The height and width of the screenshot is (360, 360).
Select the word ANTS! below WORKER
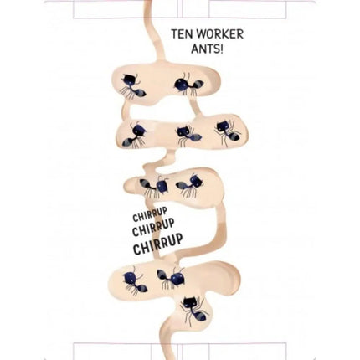pos(207,49)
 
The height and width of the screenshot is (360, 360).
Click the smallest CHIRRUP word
pos(150,214)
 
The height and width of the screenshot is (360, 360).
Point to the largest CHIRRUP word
pos(158,244)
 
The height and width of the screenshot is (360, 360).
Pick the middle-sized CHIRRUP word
pos(153,229)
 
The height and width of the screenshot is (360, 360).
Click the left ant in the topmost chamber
pos(133,86)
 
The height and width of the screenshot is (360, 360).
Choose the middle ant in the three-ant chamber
pos(188,136)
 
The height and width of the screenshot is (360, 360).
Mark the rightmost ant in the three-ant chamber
pos(229,132)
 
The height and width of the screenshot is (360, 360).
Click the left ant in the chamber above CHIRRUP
pos(154,187)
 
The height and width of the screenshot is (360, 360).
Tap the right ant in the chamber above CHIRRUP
pos(190,184)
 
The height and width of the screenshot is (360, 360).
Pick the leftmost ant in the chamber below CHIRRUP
pos(134,282)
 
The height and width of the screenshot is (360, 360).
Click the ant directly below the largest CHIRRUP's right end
pos(171,278)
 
